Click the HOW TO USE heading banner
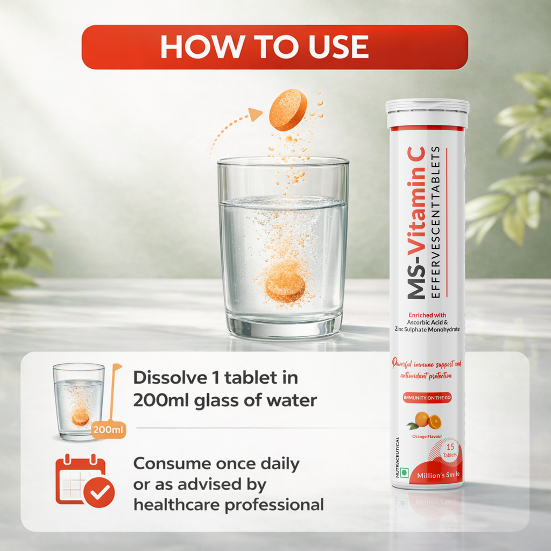[x=274, y=47]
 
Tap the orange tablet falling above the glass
[x=288, y=109]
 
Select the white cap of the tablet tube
[x=427, y=112]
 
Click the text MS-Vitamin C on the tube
[x=416, y=223]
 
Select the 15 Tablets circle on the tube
[x=450, y=451]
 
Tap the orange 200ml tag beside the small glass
[x=109, y=430]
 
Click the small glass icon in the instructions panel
[x=79, y=401]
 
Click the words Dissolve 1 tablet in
[x=215, y=377]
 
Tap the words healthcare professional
[x=228, y=505]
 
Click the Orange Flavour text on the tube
[x=427, y=436]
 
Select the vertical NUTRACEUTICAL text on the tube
[x=398, y=457]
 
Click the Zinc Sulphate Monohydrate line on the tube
[x=427, y=329]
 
